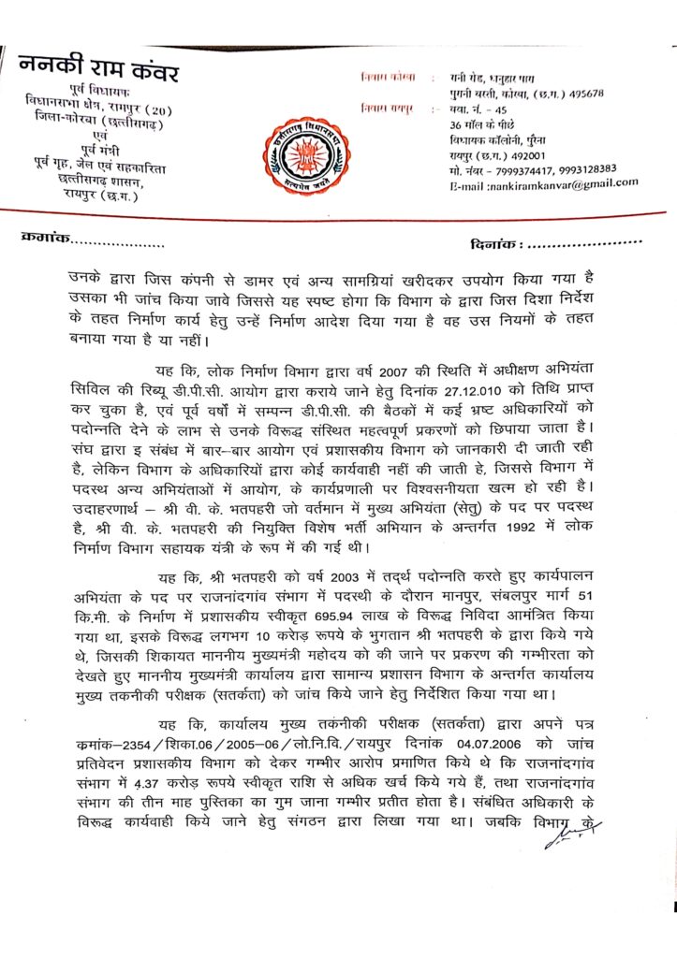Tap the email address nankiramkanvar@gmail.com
(558, 183)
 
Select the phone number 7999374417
(508, 168)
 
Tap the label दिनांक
(493, 244)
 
